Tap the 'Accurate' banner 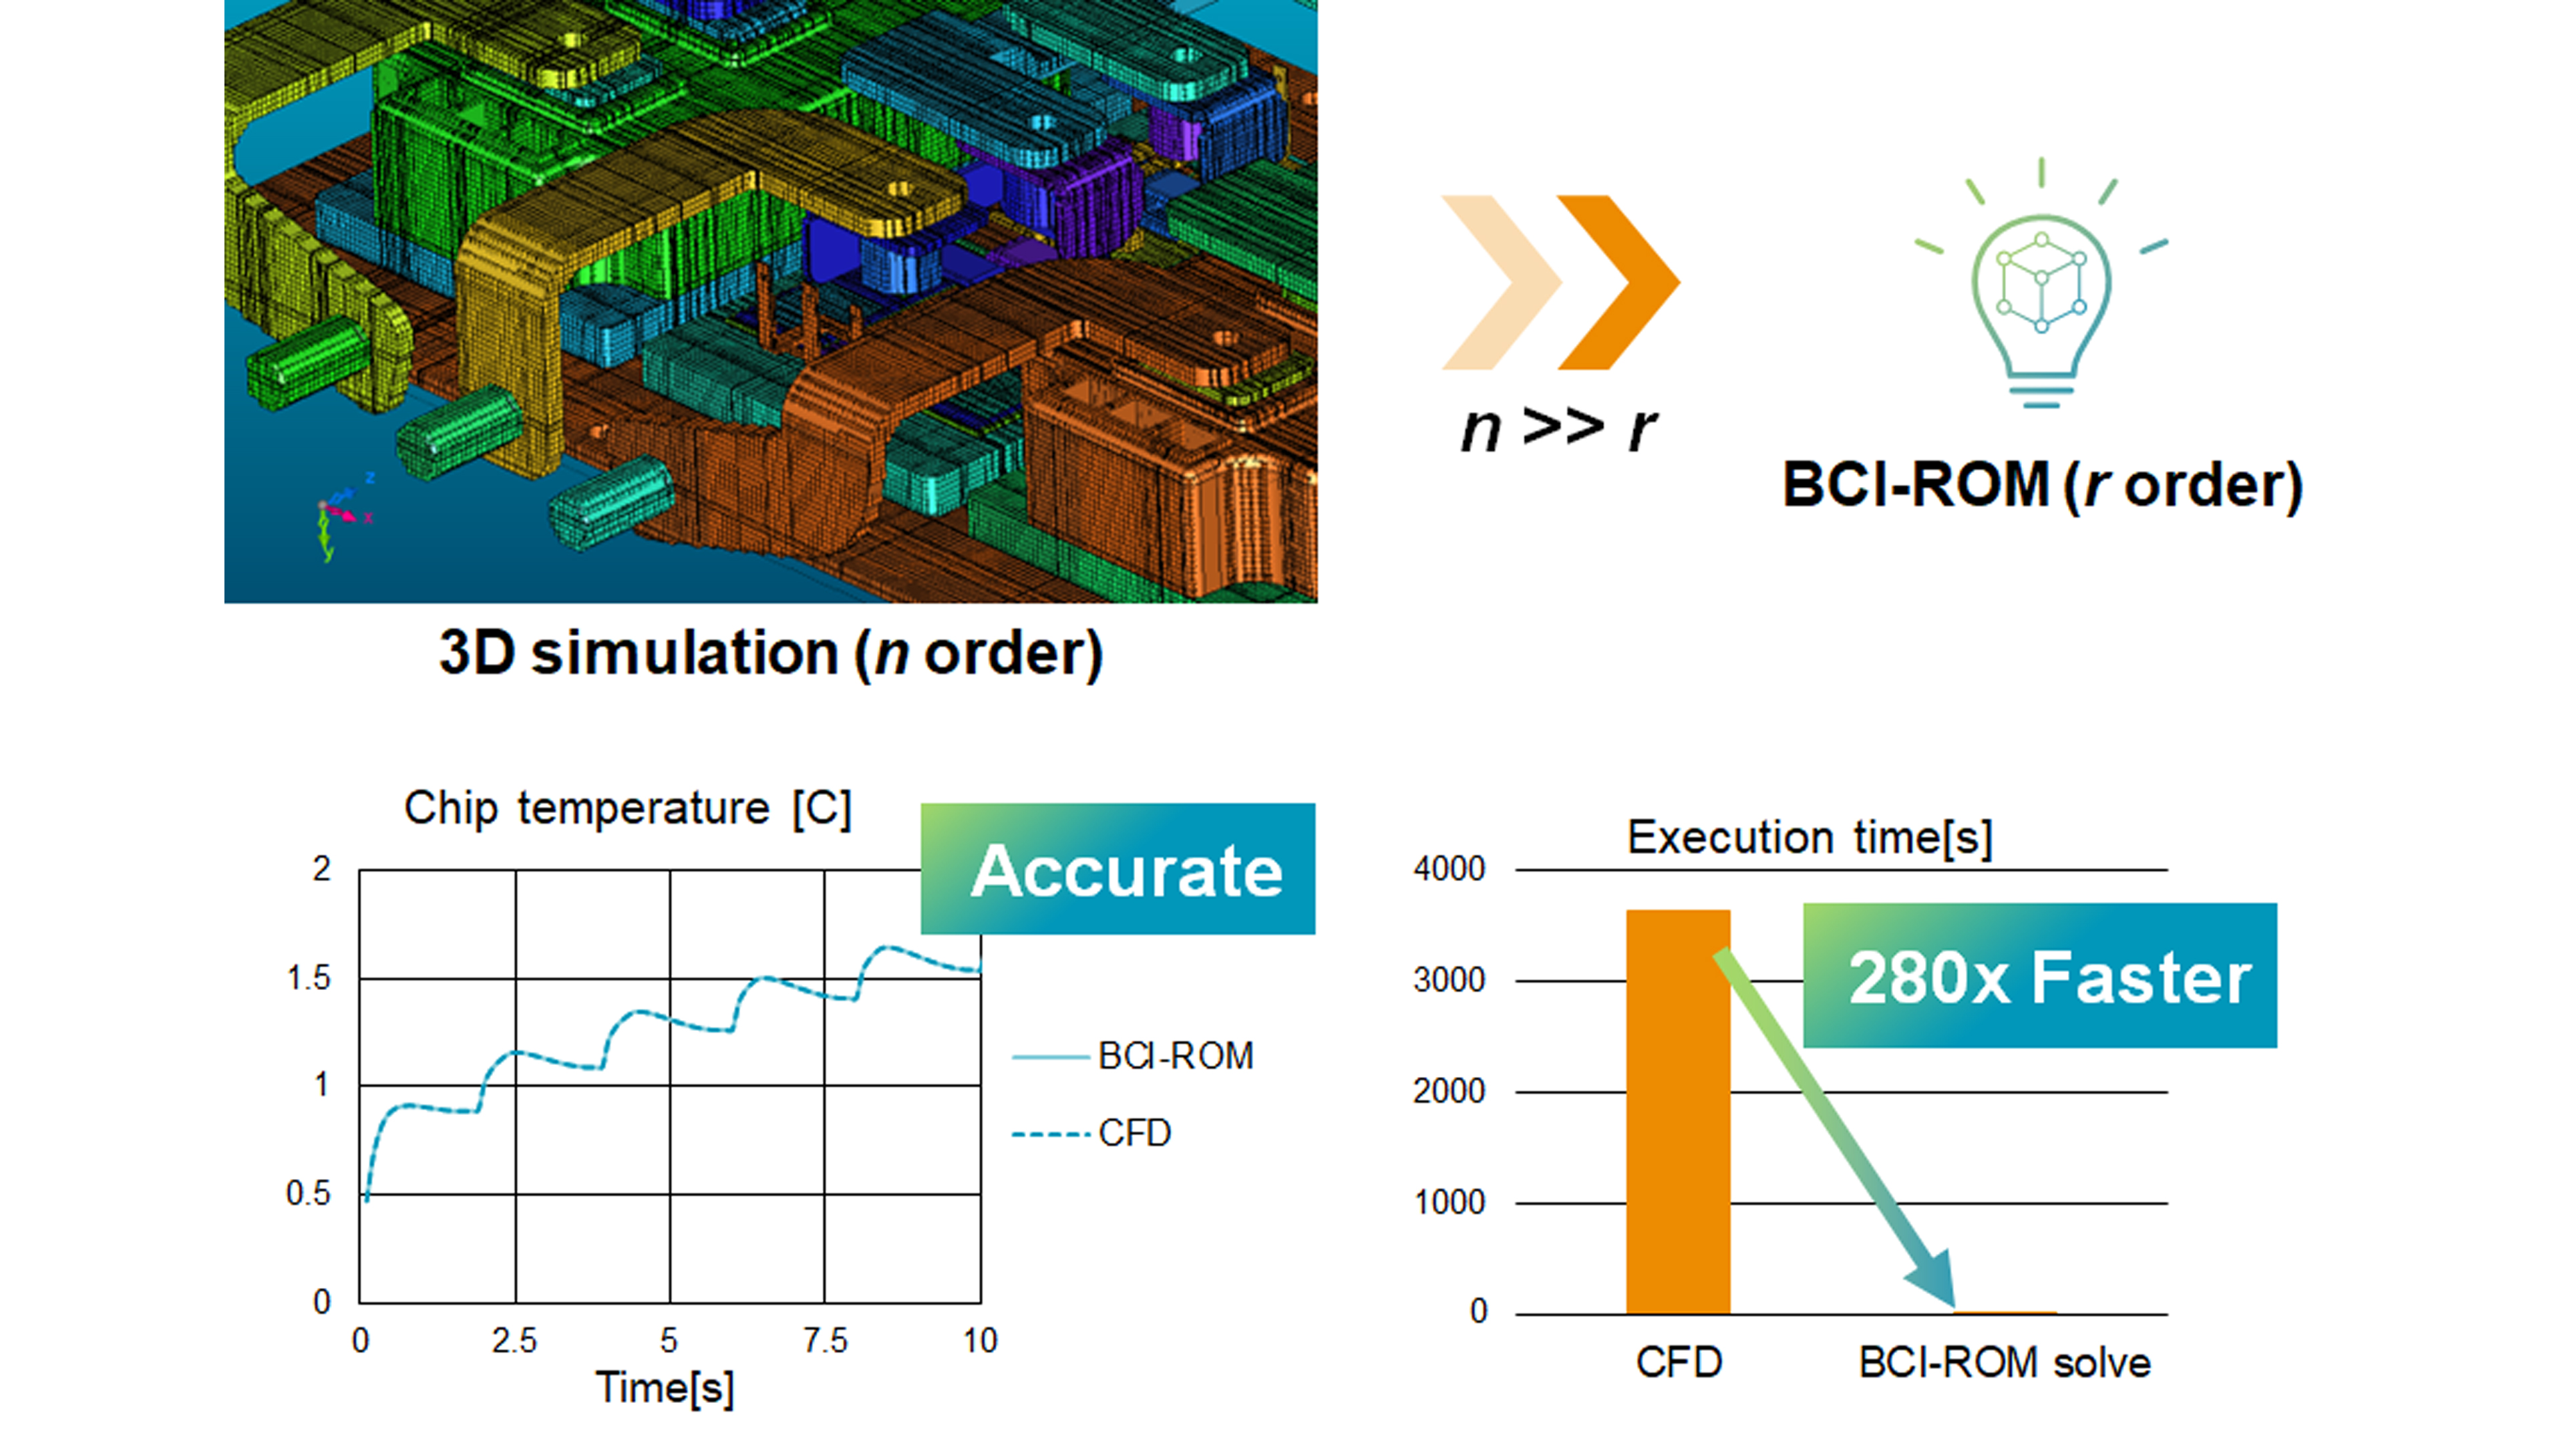click(x=1118, y=869)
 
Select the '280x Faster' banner click(x=2039, y=976)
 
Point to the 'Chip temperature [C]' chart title click(x=627, y=808)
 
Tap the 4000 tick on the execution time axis click(x=1449, y=869)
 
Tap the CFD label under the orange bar click(x=1679, y=1362)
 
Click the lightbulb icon click(x=2041, y=289)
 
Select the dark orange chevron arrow click(x=1618, y=283)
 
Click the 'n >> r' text click(x=1558, y=428)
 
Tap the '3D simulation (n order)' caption click(x=771, y=653)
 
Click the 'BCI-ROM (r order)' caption click(x=2041, y=486)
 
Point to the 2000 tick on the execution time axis click(x=1449, y=1092)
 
